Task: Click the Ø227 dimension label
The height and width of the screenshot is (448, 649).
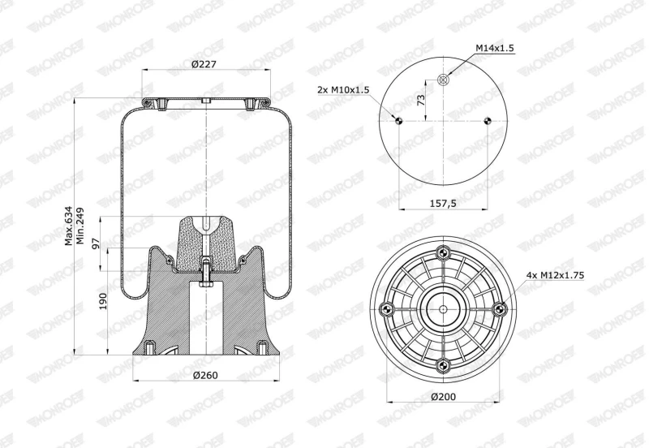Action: pyautogui.click(x=204, y=64)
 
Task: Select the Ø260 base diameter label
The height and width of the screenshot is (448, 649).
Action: pyautogui.click(x=205, y=376)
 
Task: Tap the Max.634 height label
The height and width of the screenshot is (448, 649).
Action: pyautogui.click(x=69, y=226)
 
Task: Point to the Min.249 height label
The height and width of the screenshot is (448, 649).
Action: pyautogui.click(x=80, y=226)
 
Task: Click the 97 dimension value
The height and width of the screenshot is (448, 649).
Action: pyautogui.click(x=96, y=243)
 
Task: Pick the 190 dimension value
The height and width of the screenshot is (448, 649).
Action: pyautogui.click(x=103, y=301)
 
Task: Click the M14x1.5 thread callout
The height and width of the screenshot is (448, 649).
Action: pyautogui.click(x=495, y=48)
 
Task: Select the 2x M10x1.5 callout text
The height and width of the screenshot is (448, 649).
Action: pyautogui.click(x=343, y=90)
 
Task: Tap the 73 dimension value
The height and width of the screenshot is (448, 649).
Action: pyautogui.click(x=421, y=100)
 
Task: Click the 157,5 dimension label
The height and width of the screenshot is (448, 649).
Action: pyautogui.click(x=443, y=203)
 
